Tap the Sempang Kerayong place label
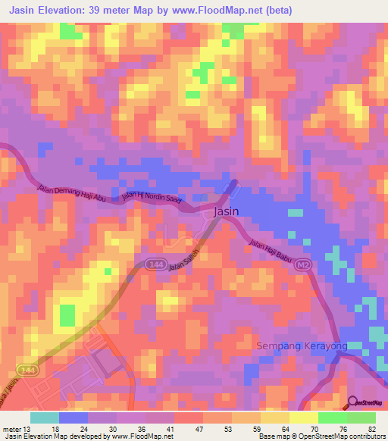(303, 346)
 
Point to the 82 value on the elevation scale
(372, 428)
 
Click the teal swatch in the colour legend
(44, 418)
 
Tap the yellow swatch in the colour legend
(304, 418)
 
